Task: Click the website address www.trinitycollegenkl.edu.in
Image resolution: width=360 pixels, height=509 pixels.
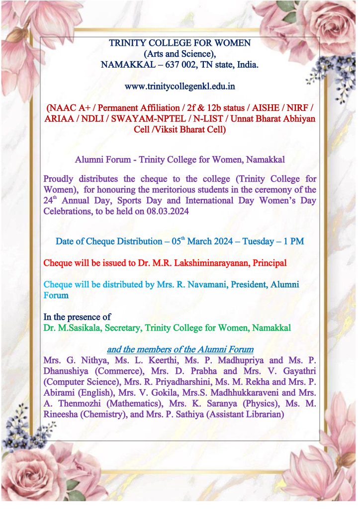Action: pos(180,86)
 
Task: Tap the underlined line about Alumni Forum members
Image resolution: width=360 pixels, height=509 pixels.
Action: pos(180,349)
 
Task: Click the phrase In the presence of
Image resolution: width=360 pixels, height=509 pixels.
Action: pos(77,317)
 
